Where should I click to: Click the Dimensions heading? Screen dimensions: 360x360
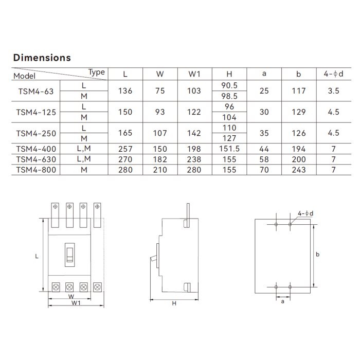[42, 58]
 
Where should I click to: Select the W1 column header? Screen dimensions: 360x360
[194, 74]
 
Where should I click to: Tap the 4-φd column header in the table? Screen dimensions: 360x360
[333, 74]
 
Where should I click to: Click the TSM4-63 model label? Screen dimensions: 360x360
[36, 91]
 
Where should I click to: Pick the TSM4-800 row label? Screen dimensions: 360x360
[36, 170]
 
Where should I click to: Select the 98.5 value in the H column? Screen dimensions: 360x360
[229, 96]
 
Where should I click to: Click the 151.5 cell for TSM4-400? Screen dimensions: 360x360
[229, 149]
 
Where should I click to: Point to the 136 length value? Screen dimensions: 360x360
[125, 91]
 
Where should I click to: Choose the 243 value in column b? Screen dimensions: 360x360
[299, 170]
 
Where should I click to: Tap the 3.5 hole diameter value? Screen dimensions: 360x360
[333, 91]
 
